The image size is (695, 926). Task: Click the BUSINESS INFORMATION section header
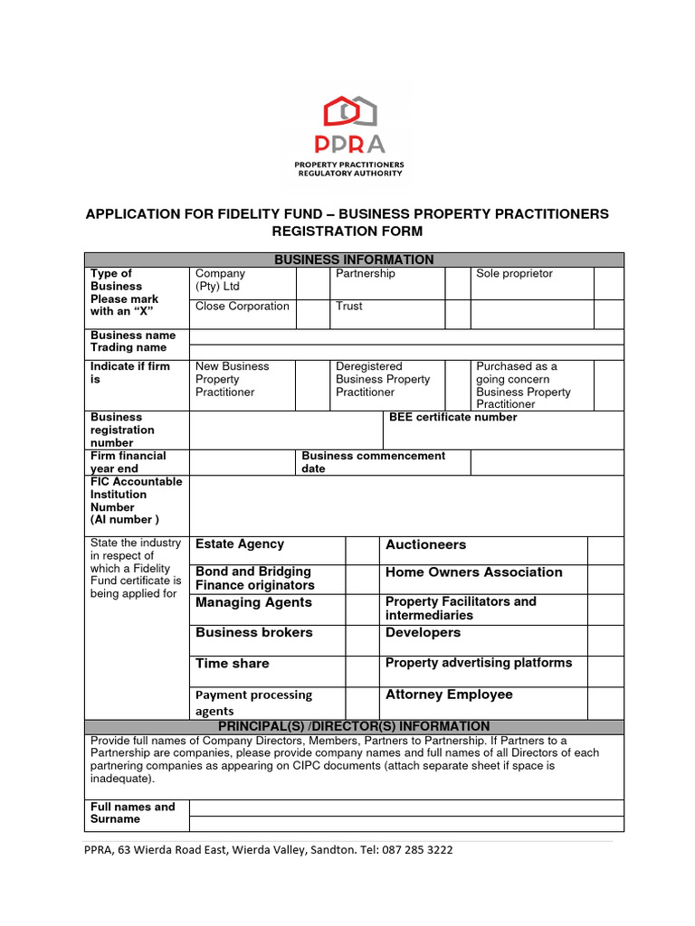pos(354,260)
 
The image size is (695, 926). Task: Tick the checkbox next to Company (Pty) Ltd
pos(313,282)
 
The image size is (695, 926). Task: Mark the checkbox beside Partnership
pos(457,282)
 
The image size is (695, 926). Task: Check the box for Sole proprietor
pos(608,282)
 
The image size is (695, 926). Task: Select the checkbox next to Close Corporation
pos(313,314)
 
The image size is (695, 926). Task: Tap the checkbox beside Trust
pos(457,314)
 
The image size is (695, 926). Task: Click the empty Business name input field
pos(405,336)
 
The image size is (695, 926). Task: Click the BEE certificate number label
pos(453,418)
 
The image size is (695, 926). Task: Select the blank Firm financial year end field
pos(242,462)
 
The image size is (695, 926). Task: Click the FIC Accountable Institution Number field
pos(405,505)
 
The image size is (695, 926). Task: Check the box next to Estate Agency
pos(362,550)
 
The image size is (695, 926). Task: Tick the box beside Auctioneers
pos(605,550)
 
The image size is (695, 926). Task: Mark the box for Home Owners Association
pos(605,579)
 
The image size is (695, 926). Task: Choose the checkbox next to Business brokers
pos(362,639)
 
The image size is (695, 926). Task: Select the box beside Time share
pos(362,670)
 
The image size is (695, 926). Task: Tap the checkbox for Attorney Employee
pos(605,702)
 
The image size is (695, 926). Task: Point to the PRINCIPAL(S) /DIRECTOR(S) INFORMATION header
pos(354,726)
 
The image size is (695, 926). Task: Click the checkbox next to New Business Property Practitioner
pos(313,385)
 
